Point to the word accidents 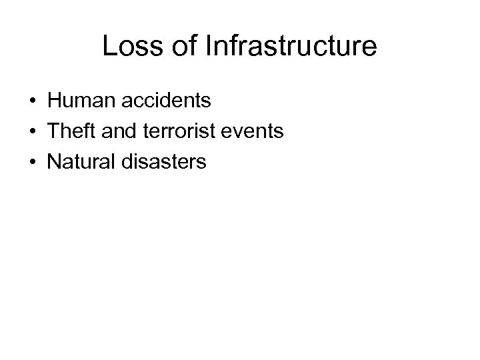click(x=168, y=101)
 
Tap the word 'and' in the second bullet click(x=121, y=131)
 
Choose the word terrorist click(x=179, y=131)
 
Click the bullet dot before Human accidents click(x=33, y=102)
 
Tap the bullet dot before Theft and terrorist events click(x=33, y=132)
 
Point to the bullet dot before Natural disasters click(x=33, y=163)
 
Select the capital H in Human click(x=55, y=101)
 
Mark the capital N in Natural click(x=55, y=162)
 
